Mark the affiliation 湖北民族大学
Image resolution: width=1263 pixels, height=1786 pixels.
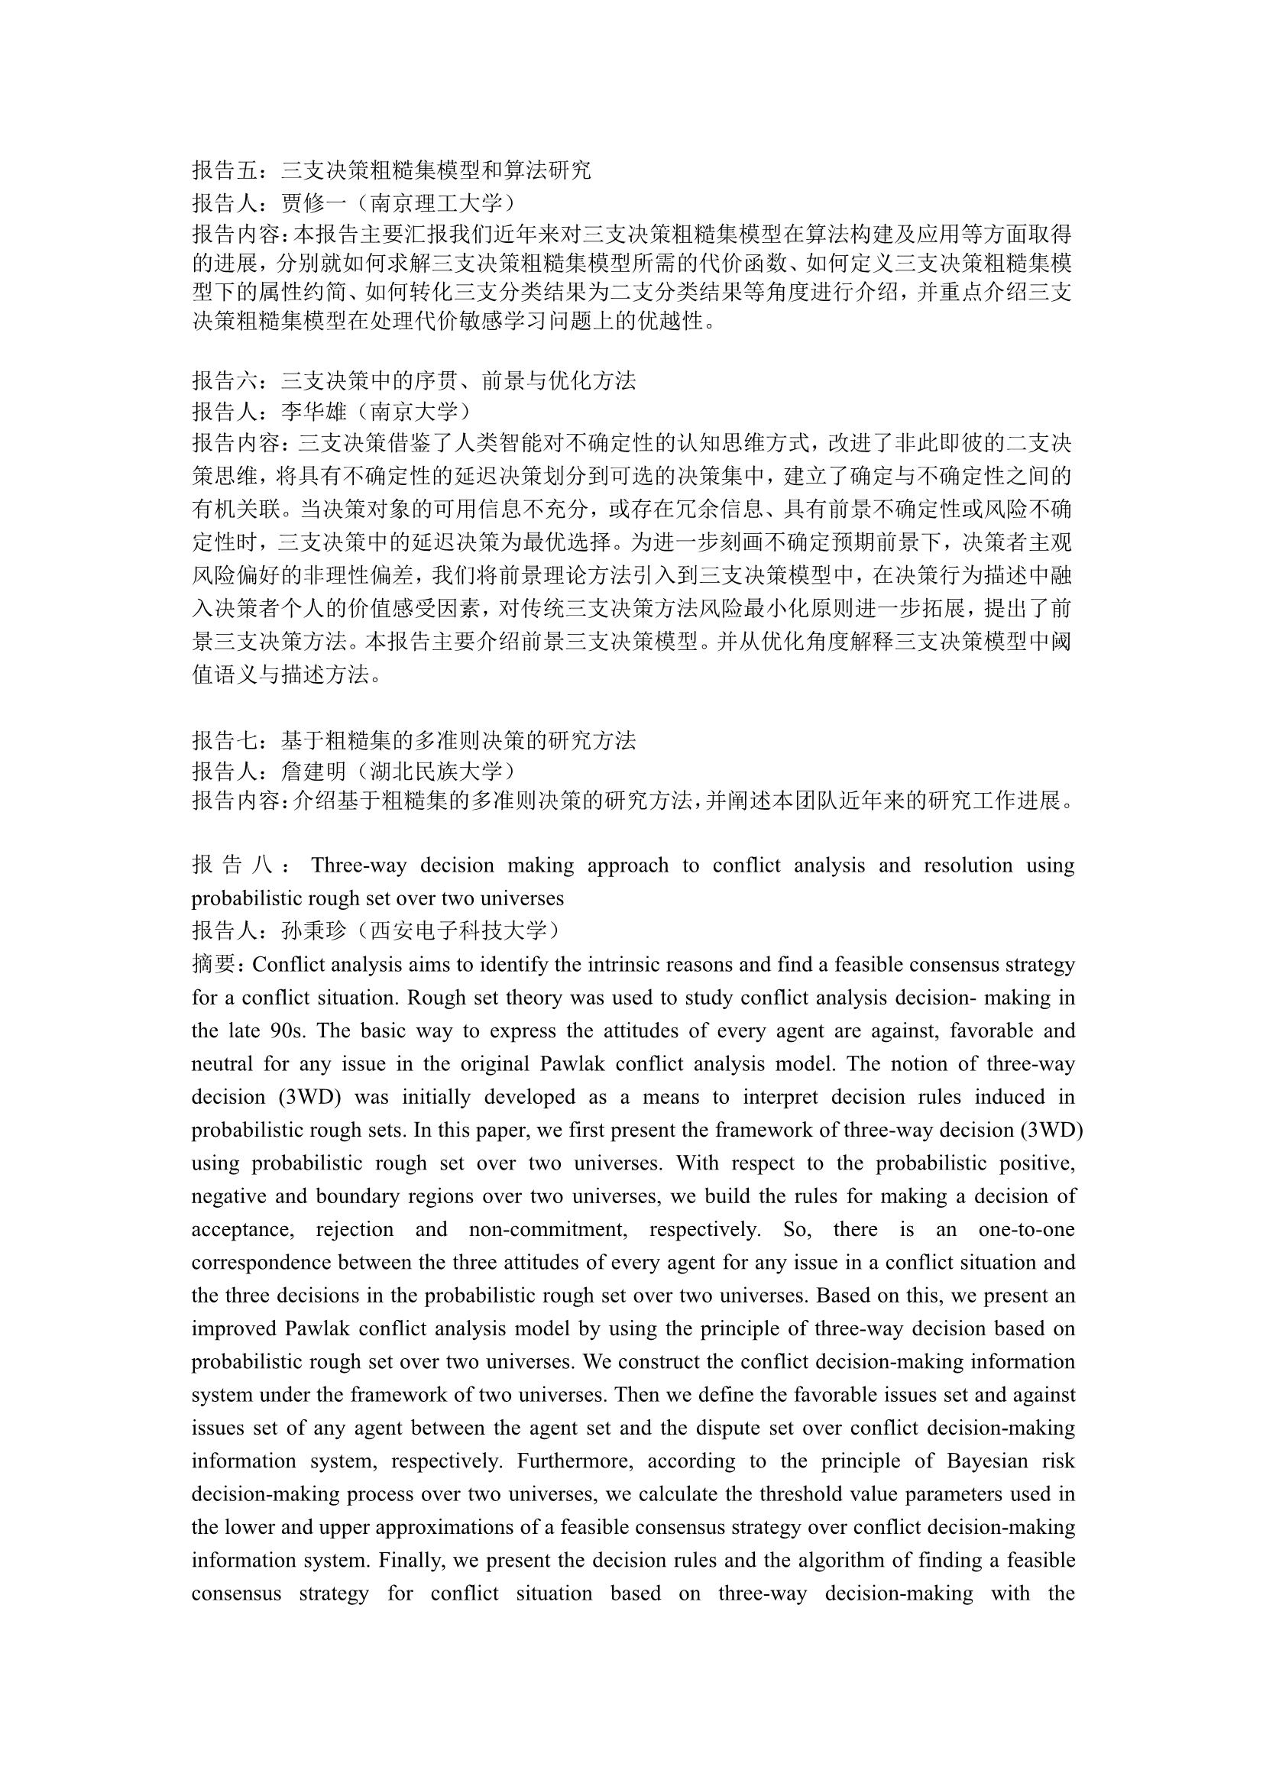coord(436,772)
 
